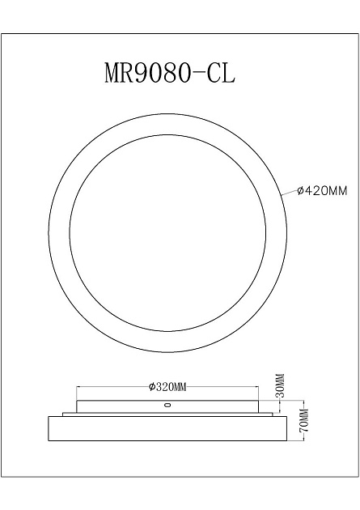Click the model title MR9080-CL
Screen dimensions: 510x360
click(171, 73)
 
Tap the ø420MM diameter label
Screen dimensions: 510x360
click(322, 191)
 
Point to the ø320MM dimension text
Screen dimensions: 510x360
click(167, 388)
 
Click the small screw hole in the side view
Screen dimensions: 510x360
click(167, 405)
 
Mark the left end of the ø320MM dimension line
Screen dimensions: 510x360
click(77, 388)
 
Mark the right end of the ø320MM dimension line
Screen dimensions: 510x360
click(258, 388)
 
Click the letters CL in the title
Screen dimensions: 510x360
click(221, 73)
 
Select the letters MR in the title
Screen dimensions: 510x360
click(119, 73)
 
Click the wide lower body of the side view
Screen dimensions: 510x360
click(167, 426)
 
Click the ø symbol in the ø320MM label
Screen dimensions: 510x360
click(152, 388)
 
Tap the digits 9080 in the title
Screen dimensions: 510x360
click(163, 73)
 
